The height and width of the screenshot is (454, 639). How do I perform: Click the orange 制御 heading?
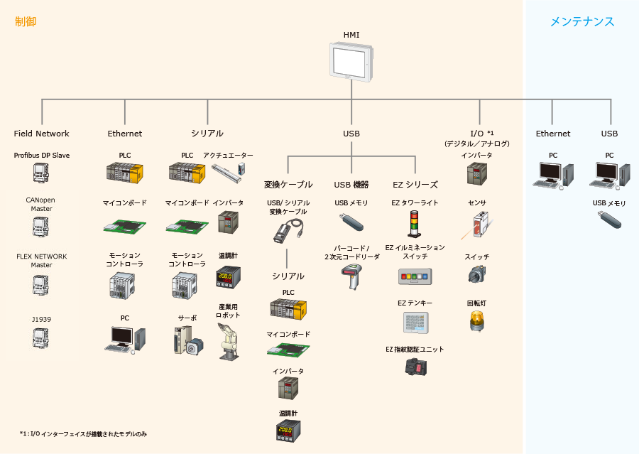coord(26,22)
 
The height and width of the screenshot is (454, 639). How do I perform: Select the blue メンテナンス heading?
coord(582,22)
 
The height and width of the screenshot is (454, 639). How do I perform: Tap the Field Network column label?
coord(42,134)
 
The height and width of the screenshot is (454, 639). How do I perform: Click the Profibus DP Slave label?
coord(42,155)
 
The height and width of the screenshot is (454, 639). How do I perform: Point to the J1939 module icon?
coord(41,338)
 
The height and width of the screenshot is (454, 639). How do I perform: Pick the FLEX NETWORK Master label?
coord(42,260)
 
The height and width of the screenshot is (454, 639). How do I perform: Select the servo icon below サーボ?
coord(187,340)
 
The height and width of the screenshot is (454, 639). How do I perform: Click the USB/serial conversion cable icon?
coord(288,229)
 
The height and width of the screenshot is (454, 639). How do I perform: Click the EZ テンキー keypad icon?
coord(415,323)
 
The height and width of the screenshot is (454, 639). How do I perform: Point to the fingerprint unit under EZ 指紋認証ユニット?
coord(415,367)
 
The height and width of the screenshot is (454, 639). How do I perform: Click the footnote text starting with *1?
coord(83,433)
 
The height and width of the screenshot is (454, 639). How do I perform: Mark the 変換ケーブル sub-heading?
coord(288,185)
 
